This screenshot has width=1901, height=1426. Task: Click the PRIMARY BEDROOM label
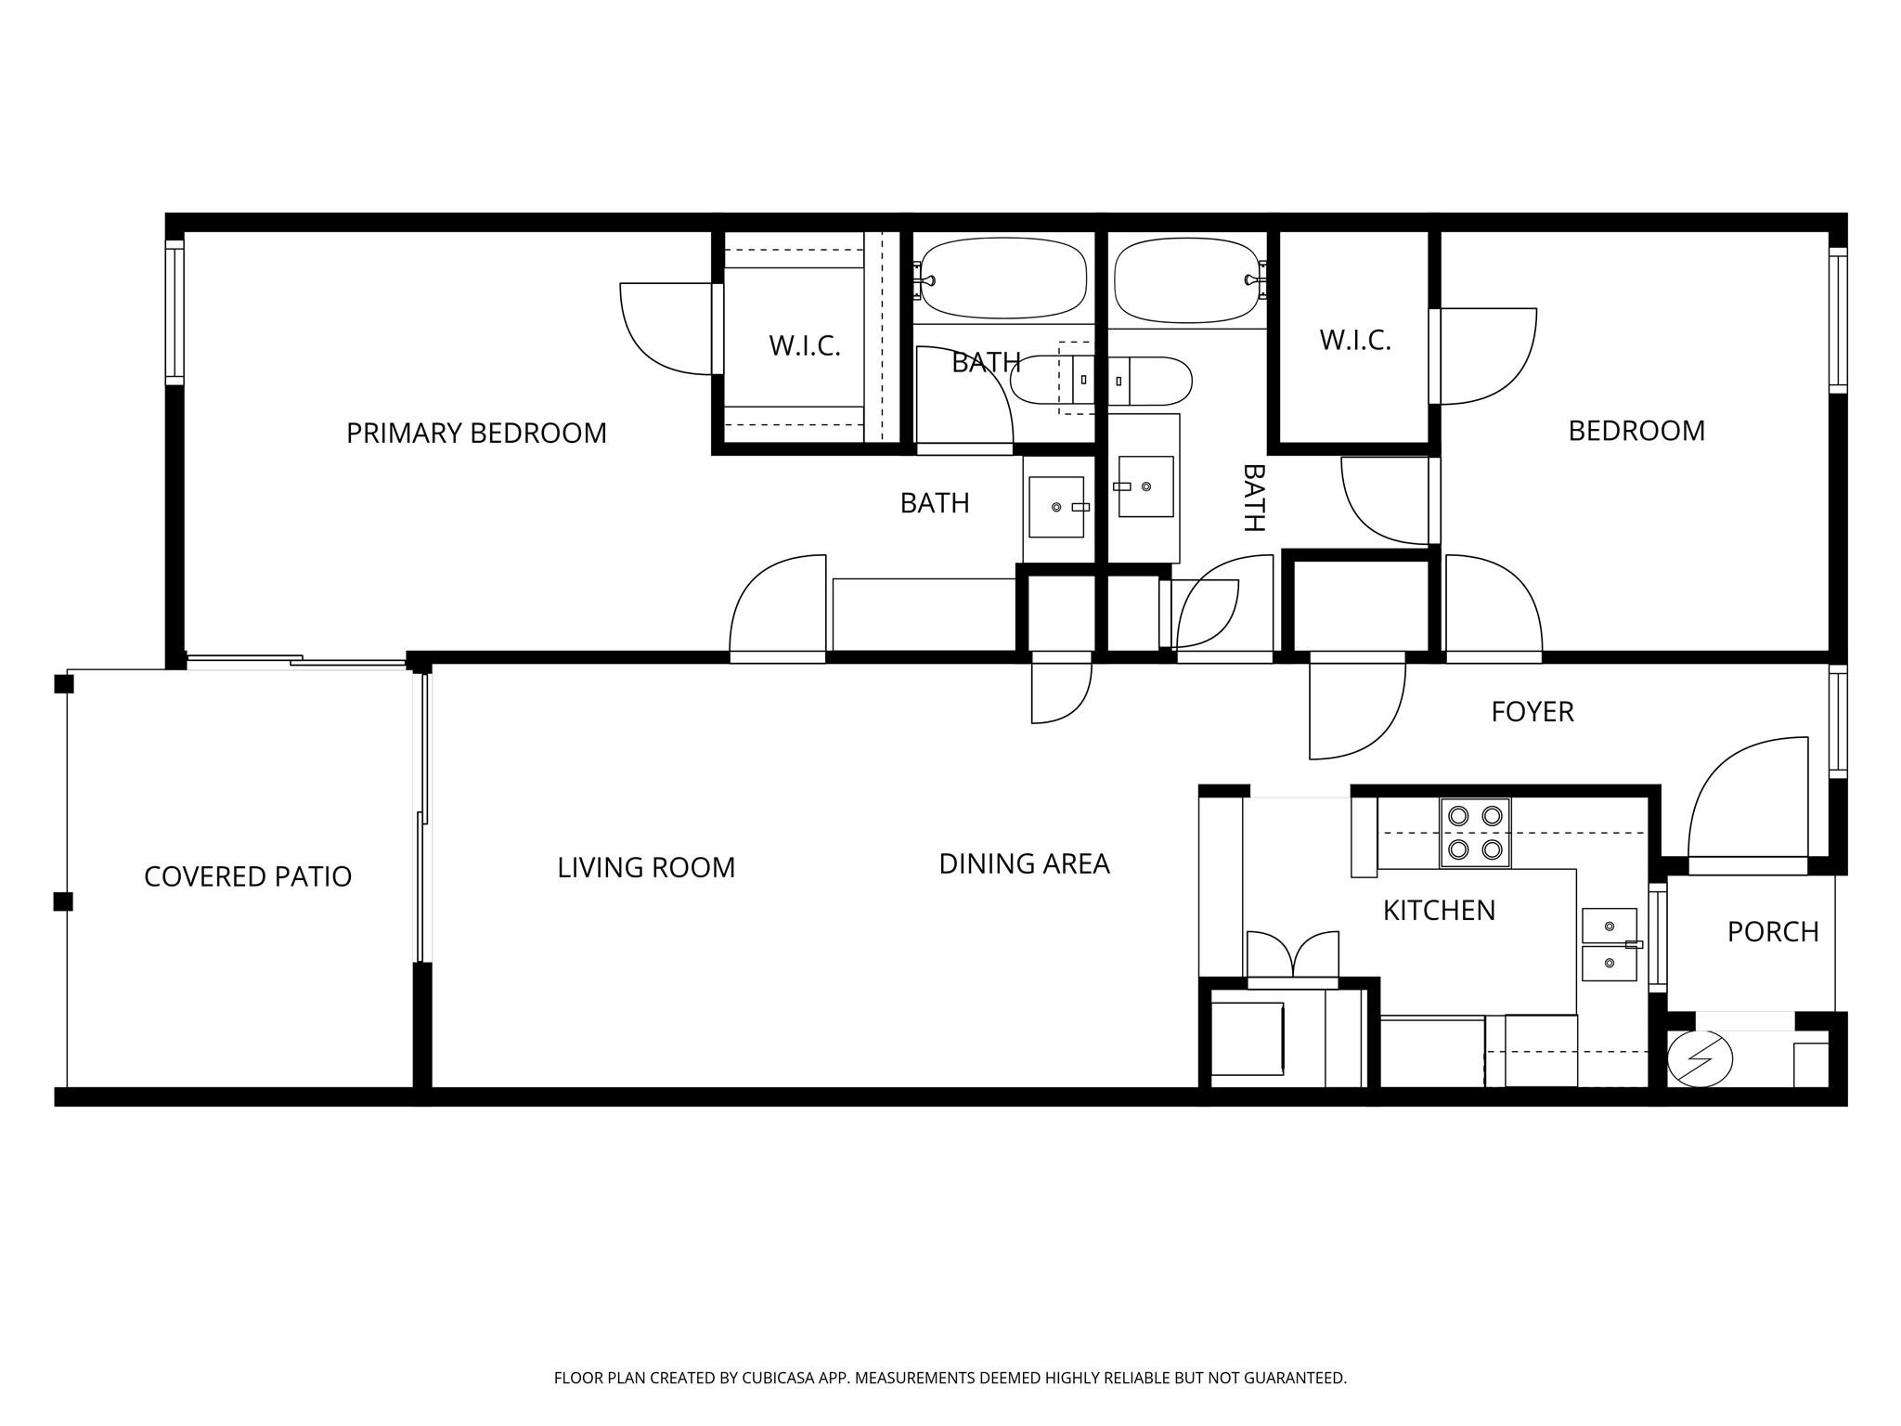pyautogui.click(x=476, y=434)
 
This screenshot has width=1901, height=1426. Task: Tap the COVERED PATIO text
pyautogui.click(x=248, y=877)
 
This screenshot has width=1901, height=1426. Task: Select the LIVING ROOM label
pyautogui.click(x=646, y=868)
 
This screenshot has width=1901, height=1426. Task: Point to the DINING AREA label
pyautogui.click(x=1024, y=864)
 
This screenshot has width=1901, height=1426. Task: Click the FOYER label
pyautogui.click(x=1532, y=712)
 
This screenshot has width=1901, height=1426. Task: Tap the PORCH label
pyautogui.click(x=1772, y=932)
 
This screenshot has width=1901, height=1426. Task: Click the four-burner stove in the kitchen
pyautogui.click(x=1475, y=833)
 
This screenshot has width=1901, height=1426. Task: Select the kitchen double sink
pyautogui.click(x=1609, y=945)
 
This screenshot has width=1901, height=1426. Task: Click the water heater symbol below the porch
pyautogui.click(x=1700, y=1058)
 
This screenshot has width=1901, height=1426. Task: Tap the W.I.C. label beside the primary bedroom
pyautogui.click(x=804, y=346)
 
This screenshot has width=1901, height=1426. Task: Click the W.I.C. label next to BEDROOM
pyautogui.click(x=1354, y=341)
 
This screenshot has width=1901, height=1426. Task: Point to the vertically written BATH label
pyautogui.click(x=1253, y=498)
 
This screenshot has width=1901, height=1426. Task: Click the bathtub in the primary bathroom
pyautogui.click(x=1003, y=279)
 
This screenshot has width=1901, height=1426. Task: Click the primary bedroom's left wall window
pyautogui.click(x=175, y=312)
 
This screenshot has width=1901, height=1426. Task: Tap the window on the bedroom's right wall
pyautogui.click(x=1837, y=320)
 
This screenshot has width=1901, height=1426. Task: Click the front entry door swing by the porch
pyautogui.click(x=1745, y=803)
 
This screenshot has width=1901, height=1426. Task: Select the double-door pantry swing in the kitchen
pyautogui.click(x=1292, y=956)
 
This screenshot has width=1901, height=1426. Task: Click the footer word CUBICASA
pyautogui.click(x=777, y=1379)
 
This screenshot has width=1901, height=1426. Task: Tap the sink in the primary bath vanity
pyautogui.click(x=1056, y=507)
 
